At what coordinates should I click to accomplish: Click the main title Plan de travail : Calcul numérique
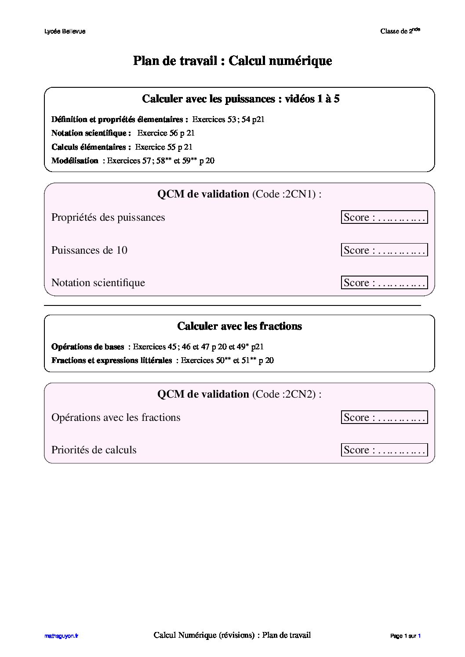(232, 61)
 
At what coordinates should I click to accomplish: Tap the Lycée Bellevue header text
(65, 32)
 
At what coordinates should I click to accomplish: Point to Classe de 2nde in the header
(400, 31)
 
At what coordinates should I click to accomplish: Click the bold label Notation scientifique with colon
(91, 133)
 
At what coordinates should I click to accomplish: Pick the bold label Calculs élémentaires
(91, 147)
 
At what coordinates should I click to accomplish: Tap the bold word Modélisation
(75, 161)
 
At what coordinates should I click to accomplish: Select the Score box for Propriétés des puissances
(384, 217)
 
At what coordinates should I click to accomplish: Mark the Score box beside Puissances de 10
(384, 250)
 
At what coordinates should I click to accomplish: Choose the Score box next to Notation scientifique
(384, 283)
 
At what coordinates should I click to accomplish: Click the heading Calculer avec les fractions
(240, 326)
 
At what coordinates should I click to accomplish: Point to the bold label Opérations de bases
(87, 347)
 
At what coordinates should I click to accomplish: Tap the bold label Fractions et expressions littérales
(112, 360)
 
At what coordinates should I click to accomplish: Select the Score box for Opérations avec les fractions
(384, 417)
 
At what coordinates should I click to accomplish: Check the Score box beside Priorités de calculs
(384, 450)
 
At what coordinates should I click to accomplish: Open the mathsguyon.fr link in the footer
(61, 635)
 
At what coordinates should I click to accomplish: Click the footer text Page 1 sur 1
(405, 635)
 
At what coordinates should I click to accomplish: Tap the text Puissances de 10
(89, 250)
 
